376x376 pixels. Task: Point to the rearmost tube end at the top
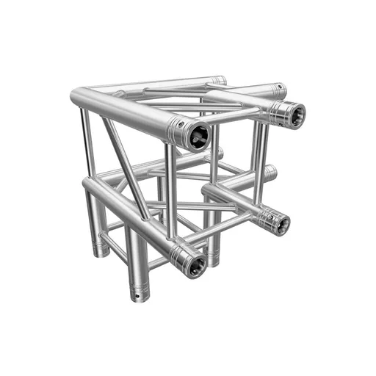tap(220, 79)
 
